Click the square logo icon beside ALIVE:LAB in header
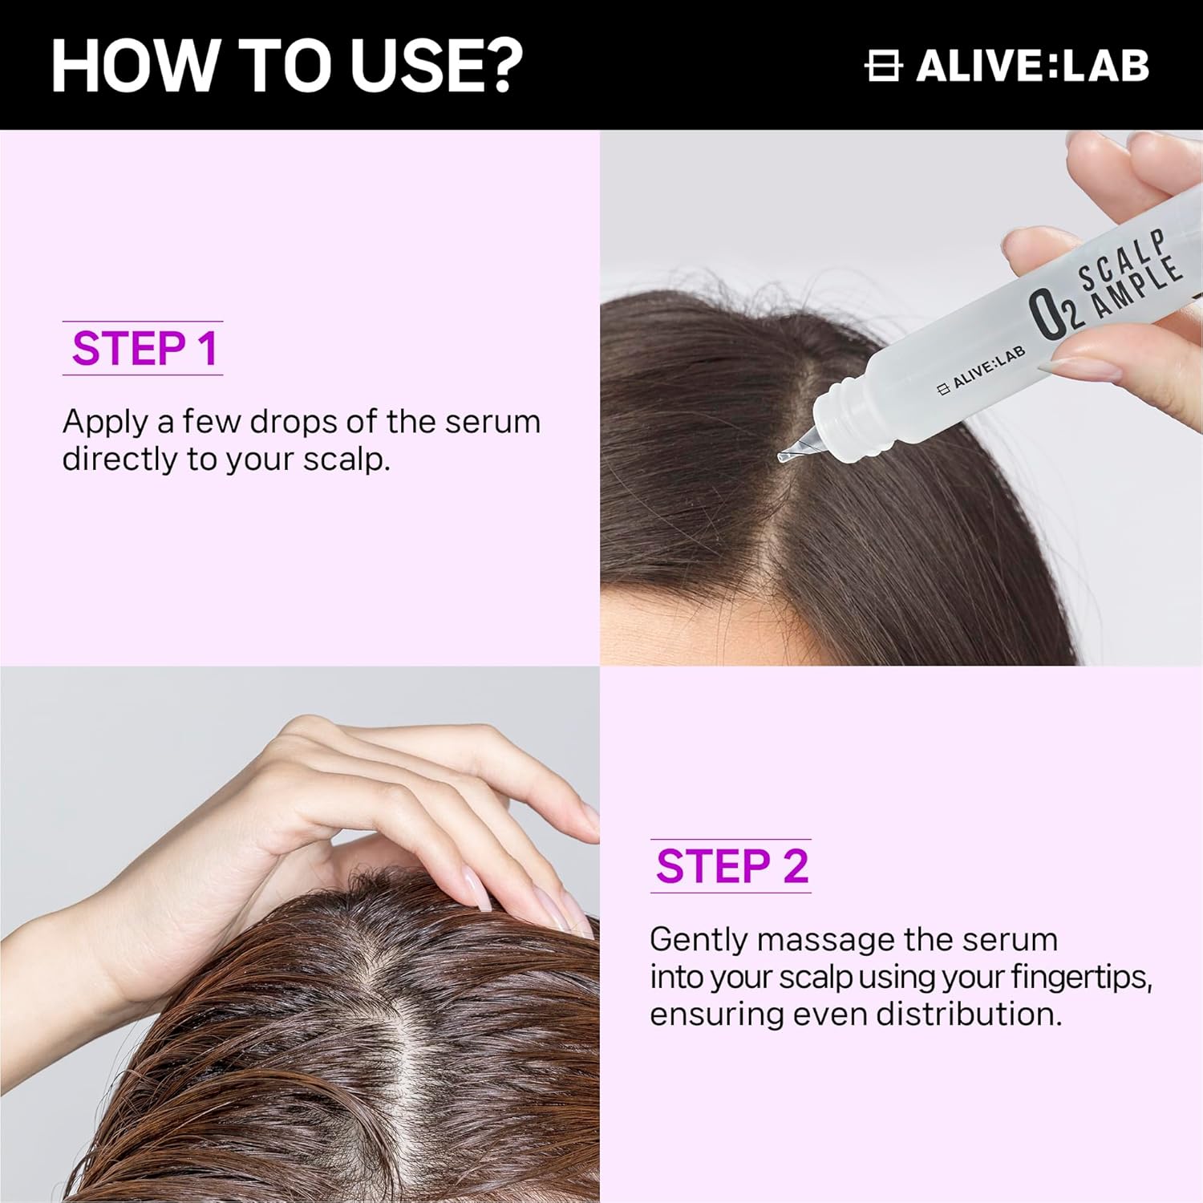pos(883,66)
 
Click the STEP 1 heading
pos(144,349)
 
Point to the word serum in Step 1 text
pos(492,422)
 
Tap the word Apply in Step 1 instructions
pos(105,422)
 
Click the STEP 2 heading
pos(731,866)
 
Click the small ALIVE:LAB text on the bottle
pos(982,373)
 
